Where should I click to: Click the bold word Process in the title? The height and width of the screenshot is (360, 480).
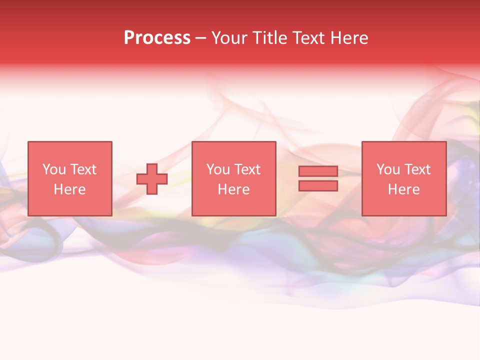point(157,38)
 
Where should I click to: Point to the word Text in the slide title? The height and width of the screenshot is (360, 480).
point(308,38)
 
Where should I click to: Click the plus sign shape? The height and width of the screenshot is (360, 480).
point(152,179)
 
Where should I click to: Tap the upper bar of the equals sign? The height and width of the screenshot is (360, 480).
point(318,171)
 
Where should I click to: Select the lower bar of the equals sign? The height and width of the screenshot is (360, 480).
point(318,186)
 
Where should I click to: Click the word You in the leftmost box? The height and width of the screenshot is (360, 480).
point(53,169)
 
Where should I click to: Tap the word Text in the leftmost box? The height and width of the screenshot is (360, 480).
point(83,169)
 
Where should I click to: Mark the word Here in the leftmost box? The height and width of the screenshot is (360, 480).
point(69,189)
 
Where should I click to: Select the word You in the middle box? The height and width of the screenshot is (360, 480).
point(217,169)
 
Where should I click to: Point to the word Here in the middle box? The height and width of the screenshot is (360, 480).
point(233,189)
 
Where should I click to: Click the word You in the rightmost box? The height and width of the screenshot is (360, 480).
point(387,169)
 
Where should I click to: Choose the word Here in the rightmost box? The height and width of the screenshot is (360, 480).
point(403,189)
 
